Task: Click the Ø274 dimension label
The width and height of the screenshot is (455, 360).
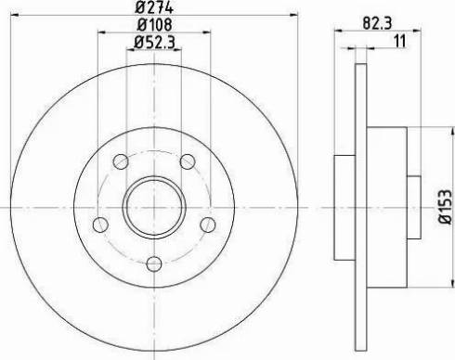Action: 154,8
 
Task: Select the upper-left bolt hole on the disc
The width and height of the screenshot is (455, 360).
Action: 121,163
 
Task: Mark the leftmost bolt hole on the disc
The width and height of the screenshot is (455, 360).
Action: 100,224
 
